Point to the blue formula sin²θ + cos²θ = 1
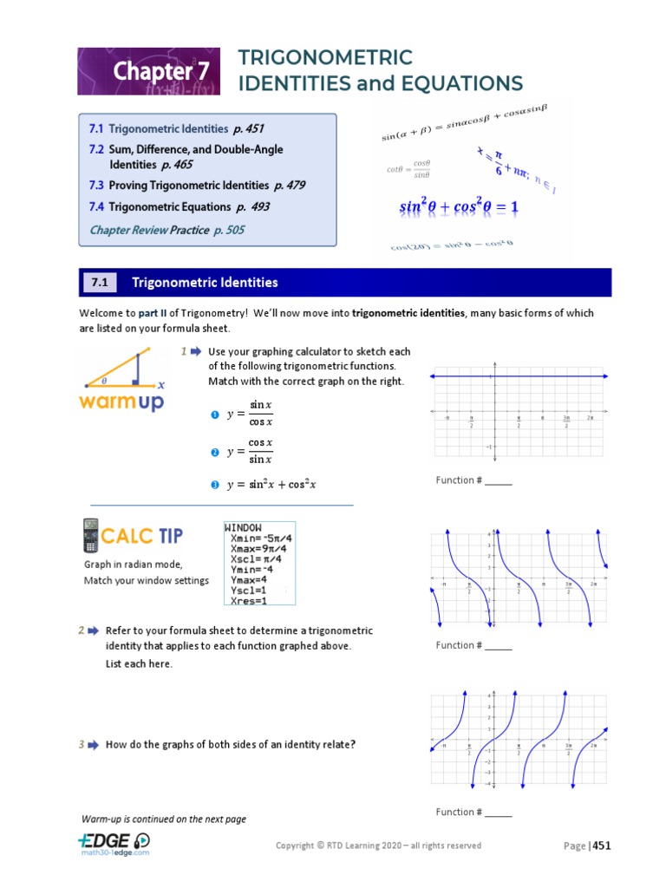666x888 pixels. tap(458, 207)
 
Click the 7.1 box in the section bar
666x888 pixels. tap(100, 283)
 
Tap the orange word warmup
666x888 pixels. tap(121, 402)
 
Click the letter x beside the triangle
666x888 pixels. tap(161, 383)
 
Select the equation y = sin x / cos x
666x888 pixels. tap(250, 415)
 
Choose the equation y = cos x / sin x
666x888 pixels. tap(250, 451)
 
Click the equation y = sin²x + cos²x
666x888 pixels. tap(271, 485)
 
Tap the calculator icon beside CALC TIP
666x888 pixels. tap(90, 536)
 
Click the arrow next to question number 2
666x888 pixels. tap(94, 630)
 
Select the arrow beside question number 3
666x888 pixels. tap(94, 744)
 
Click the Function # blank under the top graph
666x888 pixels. tap(498, 480)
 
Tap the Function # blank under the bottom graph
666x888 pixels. tap(498, 813)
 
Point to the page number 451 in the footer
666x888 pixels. tap(602, 846)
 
